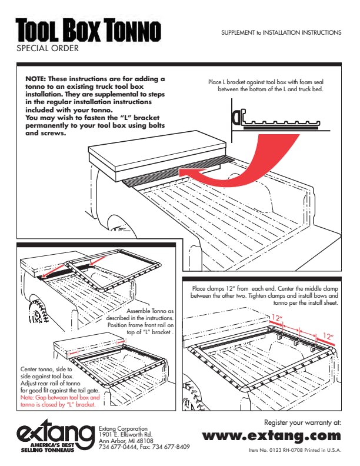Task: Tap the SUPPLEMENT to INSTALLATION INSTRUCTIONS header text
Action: pos(281,32)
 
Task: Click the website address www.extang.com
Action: pos(271,435)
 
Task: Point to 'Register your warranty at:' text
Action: pos(302,422)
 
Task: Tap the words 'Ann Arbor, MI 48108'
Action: pos(126,441)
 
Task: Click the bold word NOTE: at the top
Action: pos(35,79)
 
